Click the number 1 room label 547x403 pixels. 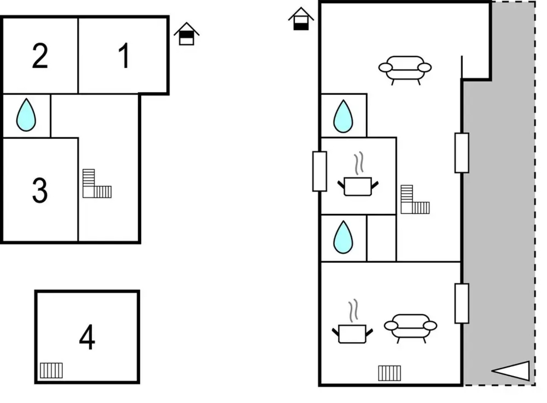(x=124, y=56)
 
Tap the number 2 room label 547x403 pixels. (x=40, y=56)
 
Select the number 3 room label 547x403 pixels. (x=40, y=190)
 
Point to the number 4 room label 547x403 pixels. (x=87, y=337)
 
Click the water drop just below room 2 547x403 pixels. (x=26, y=115)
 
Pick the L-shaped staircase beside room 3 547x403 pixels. (x=96, y=184)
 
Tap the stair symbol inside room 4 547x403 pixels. (x=51, y=370)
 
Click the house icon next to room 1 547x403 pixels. (x=187, y=34)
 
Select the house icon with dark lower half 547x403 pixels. (x=301, y=19)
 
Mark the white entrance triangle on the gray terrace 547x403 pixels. (x=512, y=371)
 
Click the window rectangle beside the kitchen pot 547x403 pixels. (x=319, y=171)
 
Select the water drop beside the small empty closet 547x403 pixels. (x=343, y=237)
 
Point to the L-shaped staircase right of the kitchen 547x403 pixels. (x=414, y=200)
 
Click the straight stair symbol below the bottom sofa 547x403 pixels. (x=389, y=373)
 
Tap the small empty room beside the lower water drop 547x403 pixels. (x=381, y=238)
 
